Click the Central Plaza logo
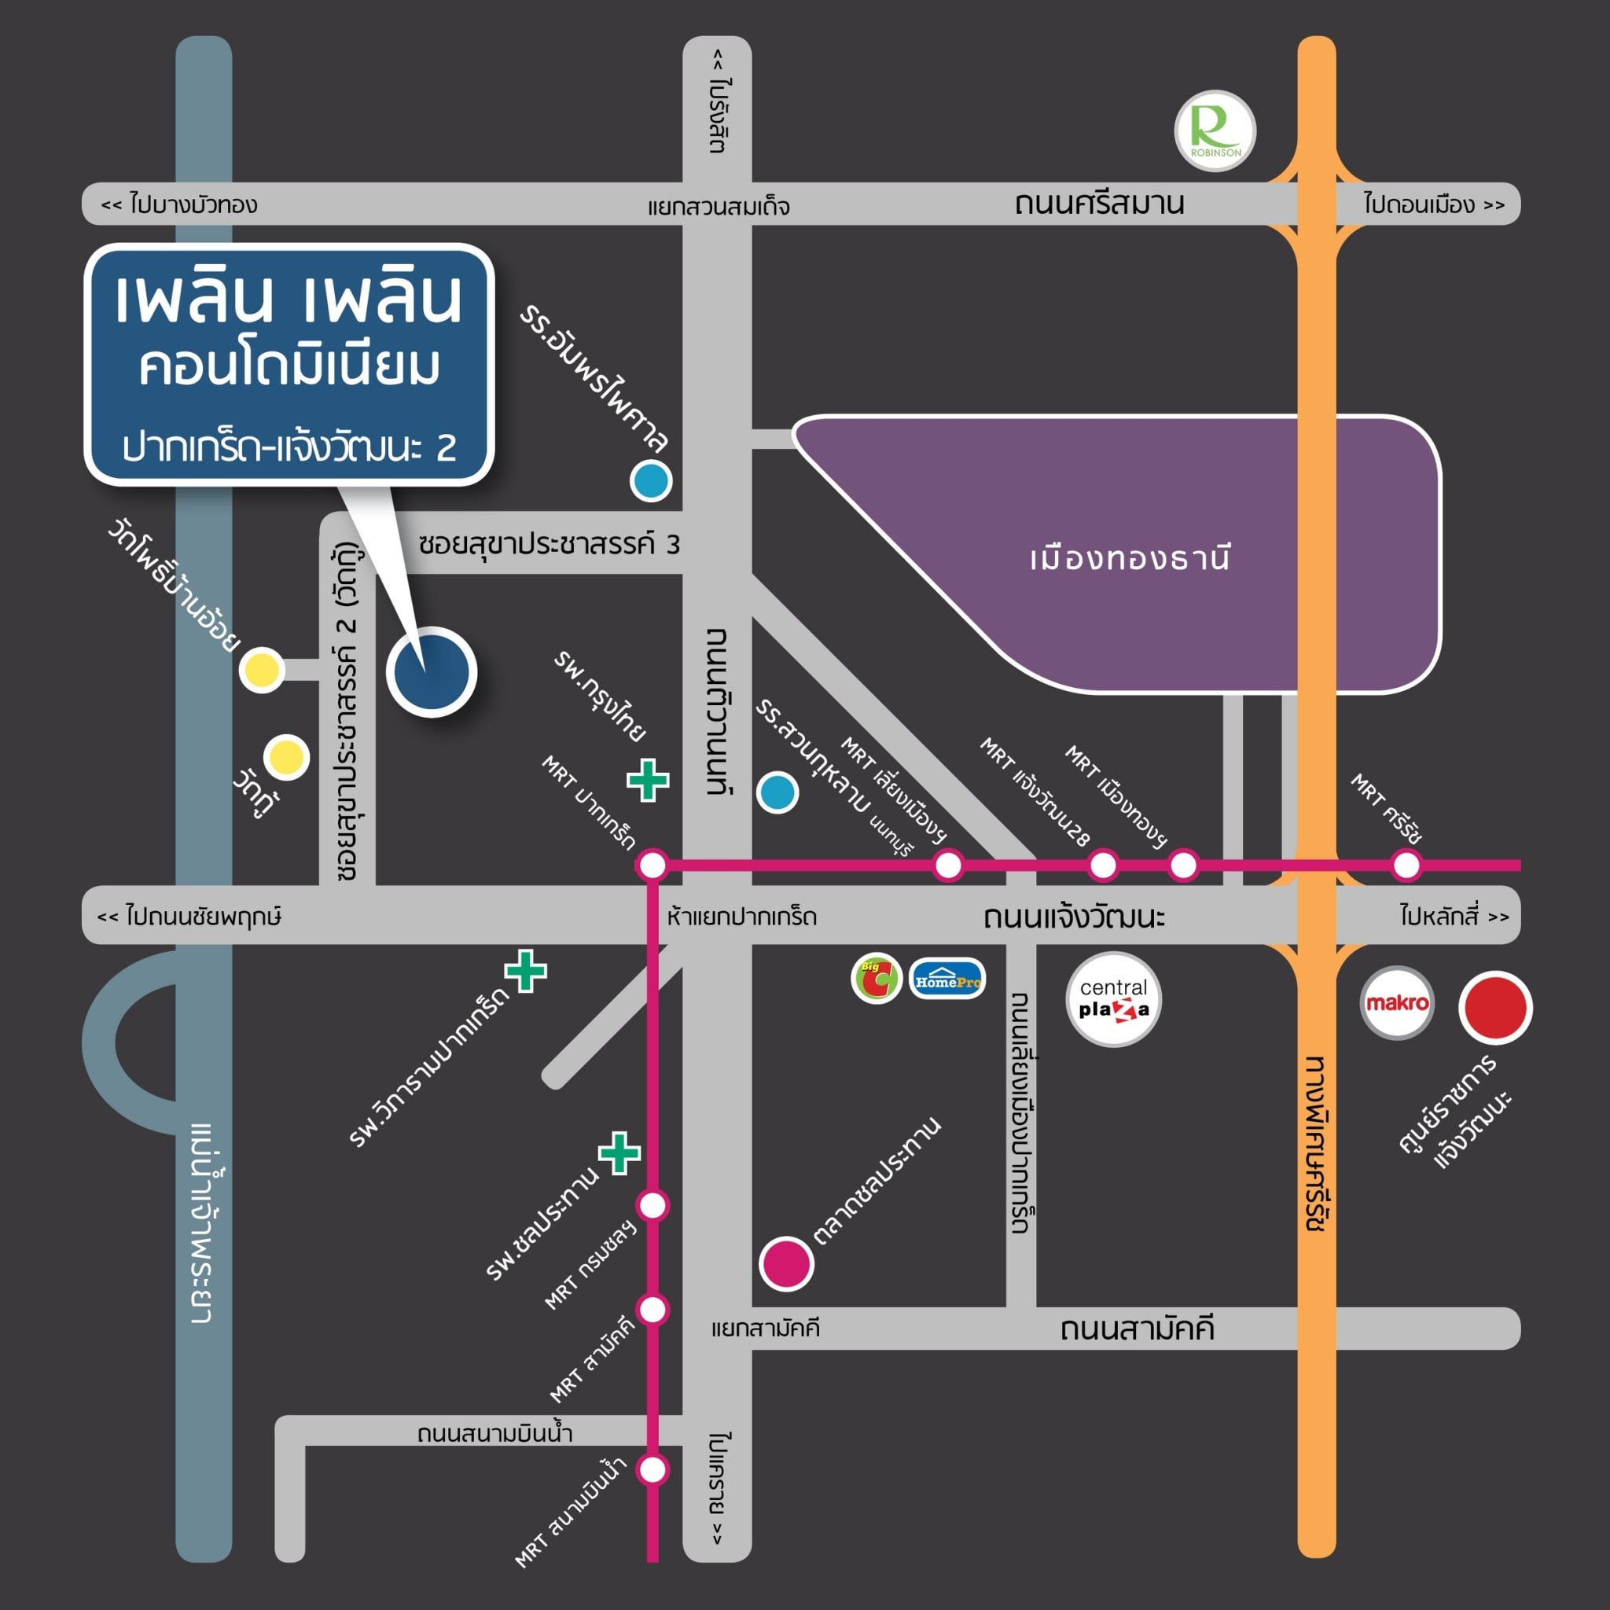click(x=1113, y=999)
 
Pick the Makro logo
click(x=1397, y=1002)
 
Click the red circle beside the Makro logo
click(x=1495, y=1007)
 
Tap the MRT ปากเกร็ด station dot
click(x=652, y=865)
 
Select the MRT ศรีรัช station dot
click(x=1406, y=865)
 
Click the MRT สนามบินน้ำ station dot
click(x=652, y=1469)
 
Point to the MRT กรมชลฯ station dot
click(x=652, y=1205)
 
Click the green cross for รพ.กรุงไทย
click(x=648, y=780)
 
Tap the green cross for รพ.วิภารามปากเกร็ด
click(x=526, y=971)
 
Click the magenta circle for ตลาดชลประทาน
click(x=786, y=1263)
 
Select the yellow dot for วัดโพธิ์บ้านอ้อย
click(x=262, y=668)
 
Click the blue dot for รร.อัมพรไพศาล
click(x=651, y=480)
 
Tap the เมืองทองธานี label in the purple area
click(x=1130, y=558)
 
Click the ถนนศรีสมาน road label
click(x=1099, y=204)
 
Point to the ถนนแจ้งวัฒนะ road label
click(x=1074, y=916)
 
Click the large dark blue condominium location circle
click(x=432, y=671)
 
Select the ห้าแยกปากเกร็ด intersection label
click(x=741, y=917)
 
